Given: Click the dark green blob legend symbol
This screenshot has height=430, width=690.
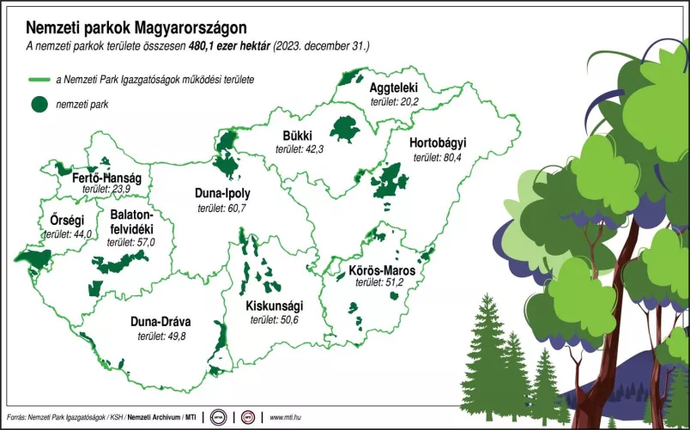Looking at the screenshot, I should pos(39,105).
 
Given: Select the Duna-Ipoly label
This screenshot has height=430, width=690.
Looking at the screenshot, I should pos(222,193).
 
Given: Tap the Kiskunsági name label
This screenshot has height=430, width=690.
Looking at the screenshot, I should pos(274,306).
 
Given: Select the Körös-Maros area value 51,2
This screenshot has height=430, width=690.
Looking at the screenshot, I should pos(390,282).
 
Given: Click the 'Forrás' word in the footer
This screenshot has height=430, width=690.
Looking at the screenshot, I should pos(15,418).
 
